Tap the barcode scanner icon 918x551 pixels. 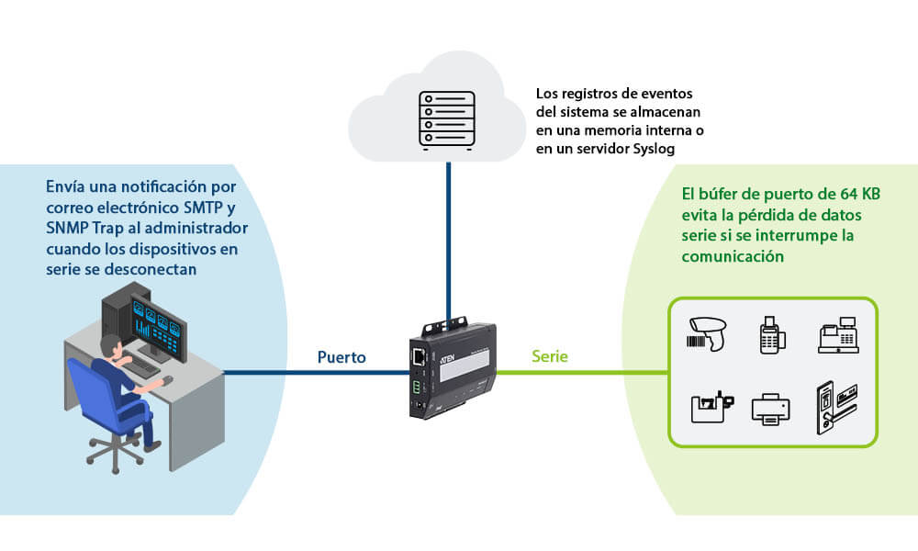click(708, 332)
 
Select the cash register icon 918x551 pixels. click(836, 335)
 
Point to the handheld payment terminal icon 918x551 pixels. click(769, 334)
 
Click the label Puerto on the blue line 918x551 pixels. click(341, 356)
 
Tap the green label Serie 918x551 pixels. click(550, 356)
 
